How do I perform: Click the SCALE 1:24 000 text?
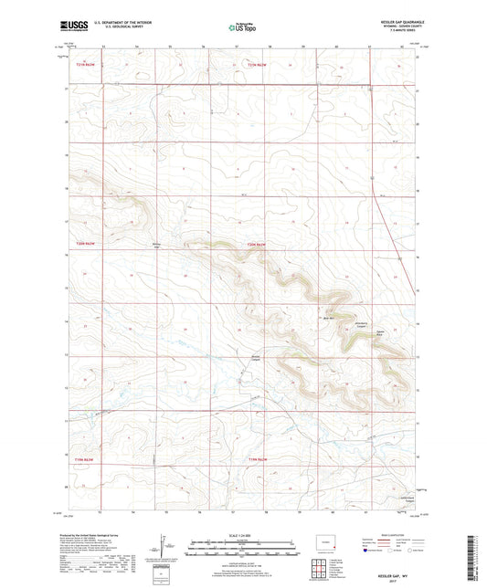coord(243,535)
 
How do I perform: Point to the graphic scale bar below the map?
coord(243,549)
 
